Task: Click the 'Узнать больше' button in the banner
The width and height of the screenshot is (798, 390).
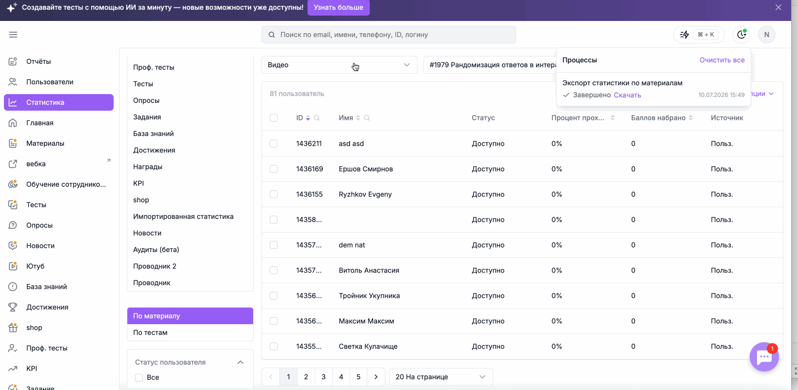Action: click(x=339, y=7)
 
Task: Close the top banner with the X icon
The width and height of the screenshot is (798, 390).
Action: click(x=778, y=7)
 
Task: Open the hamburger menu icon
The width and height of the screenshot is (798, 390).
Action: click(x=13, y=35)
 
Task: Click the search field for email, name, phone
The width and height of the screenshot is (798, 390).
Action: click(x=389, y=35)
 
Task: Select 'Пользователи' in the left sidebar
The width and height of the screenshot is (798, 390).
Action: click(x=50, y=82)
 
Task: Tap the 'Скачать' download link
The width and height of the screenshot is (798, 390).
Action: click(x=627, y=95)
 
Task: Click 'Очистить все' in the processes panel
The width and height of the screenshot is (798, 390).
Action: click(x=722, y=60)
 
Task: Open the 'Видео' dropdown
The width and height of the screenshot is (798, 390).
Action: click(x=339, y=65)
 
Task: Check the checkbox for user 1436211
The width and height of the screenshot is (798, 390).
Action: click(x=274, y=143)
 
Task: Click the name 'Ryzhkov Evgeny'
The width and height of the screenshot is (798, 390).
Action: click(x=365, y=194)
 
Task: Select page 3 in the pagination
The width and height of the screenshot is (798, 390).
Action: click(x=323, y=377)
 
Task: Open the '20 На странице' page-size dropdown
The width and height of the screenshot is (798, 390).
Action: click(x=441, y=377)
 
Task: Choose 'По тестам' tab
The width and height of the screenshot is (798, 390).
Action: click(x=150, y=332)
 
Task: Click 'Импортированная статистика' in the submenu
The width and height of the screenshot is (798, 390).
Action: click(x=183, y=216)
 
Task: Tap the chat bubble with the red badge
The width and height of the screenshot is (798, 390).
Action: click(x=764, y=357)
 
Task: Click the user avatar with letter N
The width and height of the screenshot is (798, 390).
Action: click(x=767, y=35)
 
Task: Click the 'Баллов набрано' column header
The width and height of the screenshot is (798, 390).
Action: click(x=658, y=118)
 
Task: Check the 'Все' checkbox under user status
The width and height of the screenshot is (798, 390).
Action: click(x=139, y=377)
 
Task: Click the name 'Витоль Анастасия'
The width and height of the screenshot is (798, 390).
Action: click(x=369, y=271)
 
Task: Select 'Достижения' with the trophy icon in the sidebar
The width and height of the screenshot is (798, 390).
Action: click(x=47, y=307)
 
